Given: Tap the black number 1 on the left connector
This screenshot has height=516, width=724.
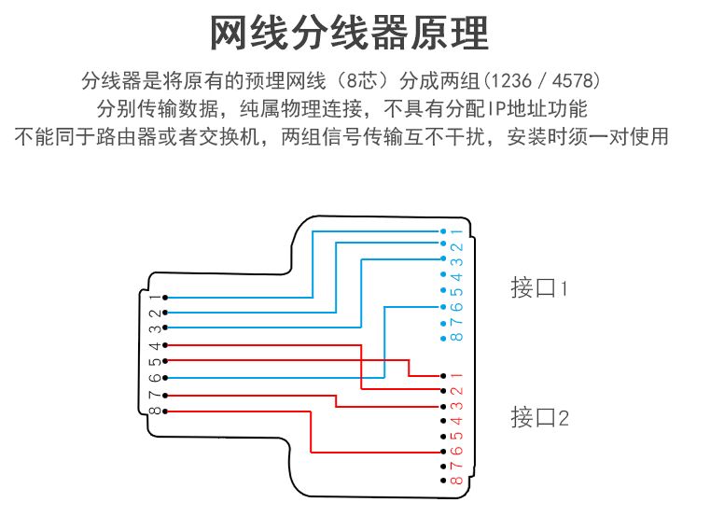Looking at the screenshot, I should click(x=154, y=298).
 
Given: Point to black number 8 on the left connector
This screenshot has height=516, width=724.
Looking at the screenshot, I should click(x=154, y=411).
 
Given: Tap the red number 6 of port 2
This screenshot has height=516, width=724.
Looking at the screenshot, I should click(x=457, y=451).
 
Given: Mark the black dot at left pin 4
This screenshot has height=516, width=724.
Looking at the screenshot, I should click(x=165, y=344).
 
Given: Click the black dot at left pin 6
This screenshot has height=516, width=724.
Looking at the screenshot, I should click(x=165, y=377).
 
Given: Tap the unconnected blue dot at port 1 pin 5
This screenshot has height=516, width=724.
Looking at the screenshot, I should click(x=442, y=290).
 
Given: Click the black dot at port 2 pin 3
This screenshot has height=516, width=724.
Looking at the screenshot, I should click(x=442, y=406).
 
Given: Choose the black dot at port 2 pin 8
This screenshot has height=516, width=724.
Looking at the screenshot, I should click(x=442, y=480).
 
